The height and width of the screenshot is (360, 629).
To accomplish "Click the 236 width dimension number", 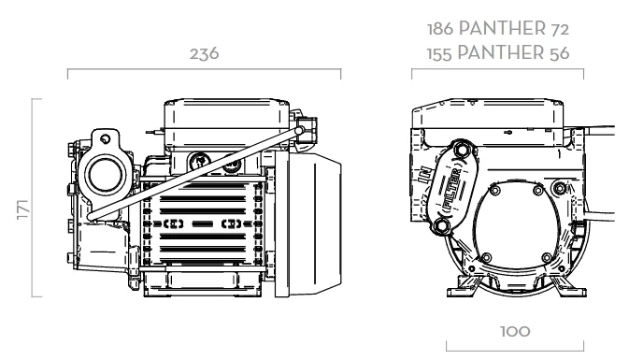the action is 204,54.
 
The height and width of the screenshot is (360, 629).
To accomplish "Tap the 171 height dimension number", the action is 23,209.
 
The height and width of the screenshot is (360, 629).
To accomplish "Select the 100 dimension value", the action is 515,332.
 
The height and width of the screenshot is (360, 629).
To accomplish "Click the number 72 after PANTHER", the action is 560,30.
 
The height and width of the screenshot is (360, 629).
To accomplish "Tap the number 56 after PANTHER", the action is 559,54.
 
